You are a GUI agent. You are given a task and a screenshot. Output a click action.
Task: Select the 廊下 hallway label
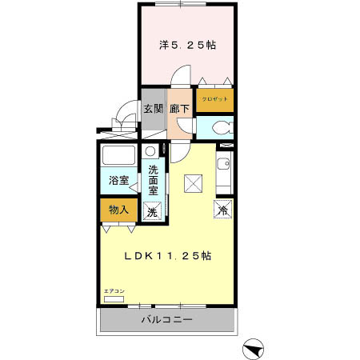[x=179, y=107]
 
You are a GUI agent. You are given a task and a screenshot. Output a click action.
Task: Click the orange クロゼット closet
[x=215, y=99]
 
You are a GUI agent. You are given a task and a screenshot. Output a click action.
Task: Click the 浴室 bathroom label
[x=118, y=181]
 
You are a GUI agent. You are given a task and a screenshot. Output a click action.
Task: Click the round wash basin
[x=150, y=151]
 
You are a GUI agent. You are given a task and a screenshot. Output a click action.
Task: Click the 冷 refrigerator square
[x=223, y=210]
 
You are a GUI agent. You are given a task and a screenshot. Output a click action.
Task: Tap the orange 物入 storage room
[x=118, y=210]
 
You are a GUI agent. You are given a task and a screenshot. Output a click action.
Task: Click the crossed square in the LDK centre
[x=193, y=183]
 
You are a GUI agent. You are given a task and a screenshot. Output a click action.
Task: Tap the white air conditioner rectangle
[x=114, y=298]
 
